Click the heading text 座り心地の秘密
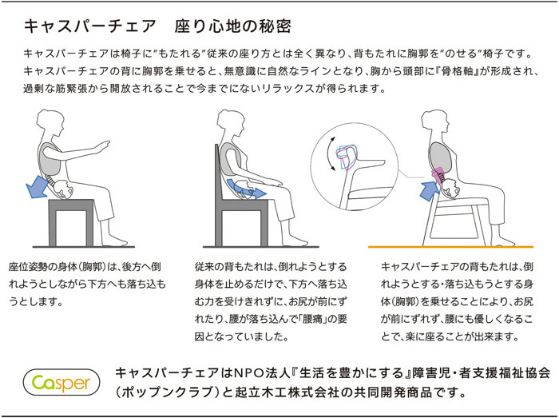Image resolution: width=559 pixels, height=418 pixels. (x=220, y=26)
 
